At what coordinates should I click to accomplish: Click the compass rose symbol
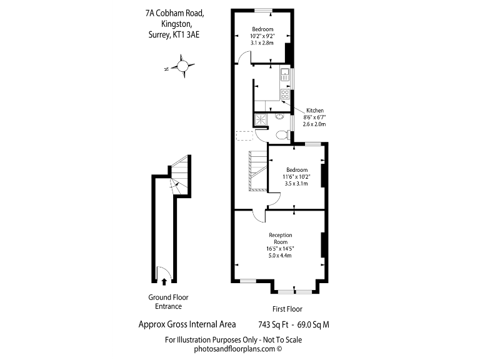coord(182,66)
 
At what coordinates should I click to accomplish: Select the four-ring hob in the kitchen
coord(284,95)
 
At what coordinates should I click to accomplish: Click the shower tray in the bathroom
coord(261,118)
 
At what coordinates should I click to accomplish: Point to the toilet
coord(282,134)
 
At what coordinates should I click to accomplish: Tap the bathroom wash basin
coord(279,116)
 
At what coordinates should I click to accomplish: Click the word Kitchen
coord(315,111)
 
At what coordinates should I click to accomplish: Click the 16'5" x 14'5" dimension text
coord(281,249)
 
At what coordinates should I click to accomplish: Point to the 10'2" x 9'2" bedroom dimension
coord(262,36)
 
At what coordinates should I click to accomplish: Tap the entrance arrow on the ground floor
coord(164,282)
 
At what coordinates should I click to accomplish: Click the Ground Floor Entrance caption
coord(168,302)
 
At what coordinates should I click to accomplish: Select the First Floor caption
coord(287,309)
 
